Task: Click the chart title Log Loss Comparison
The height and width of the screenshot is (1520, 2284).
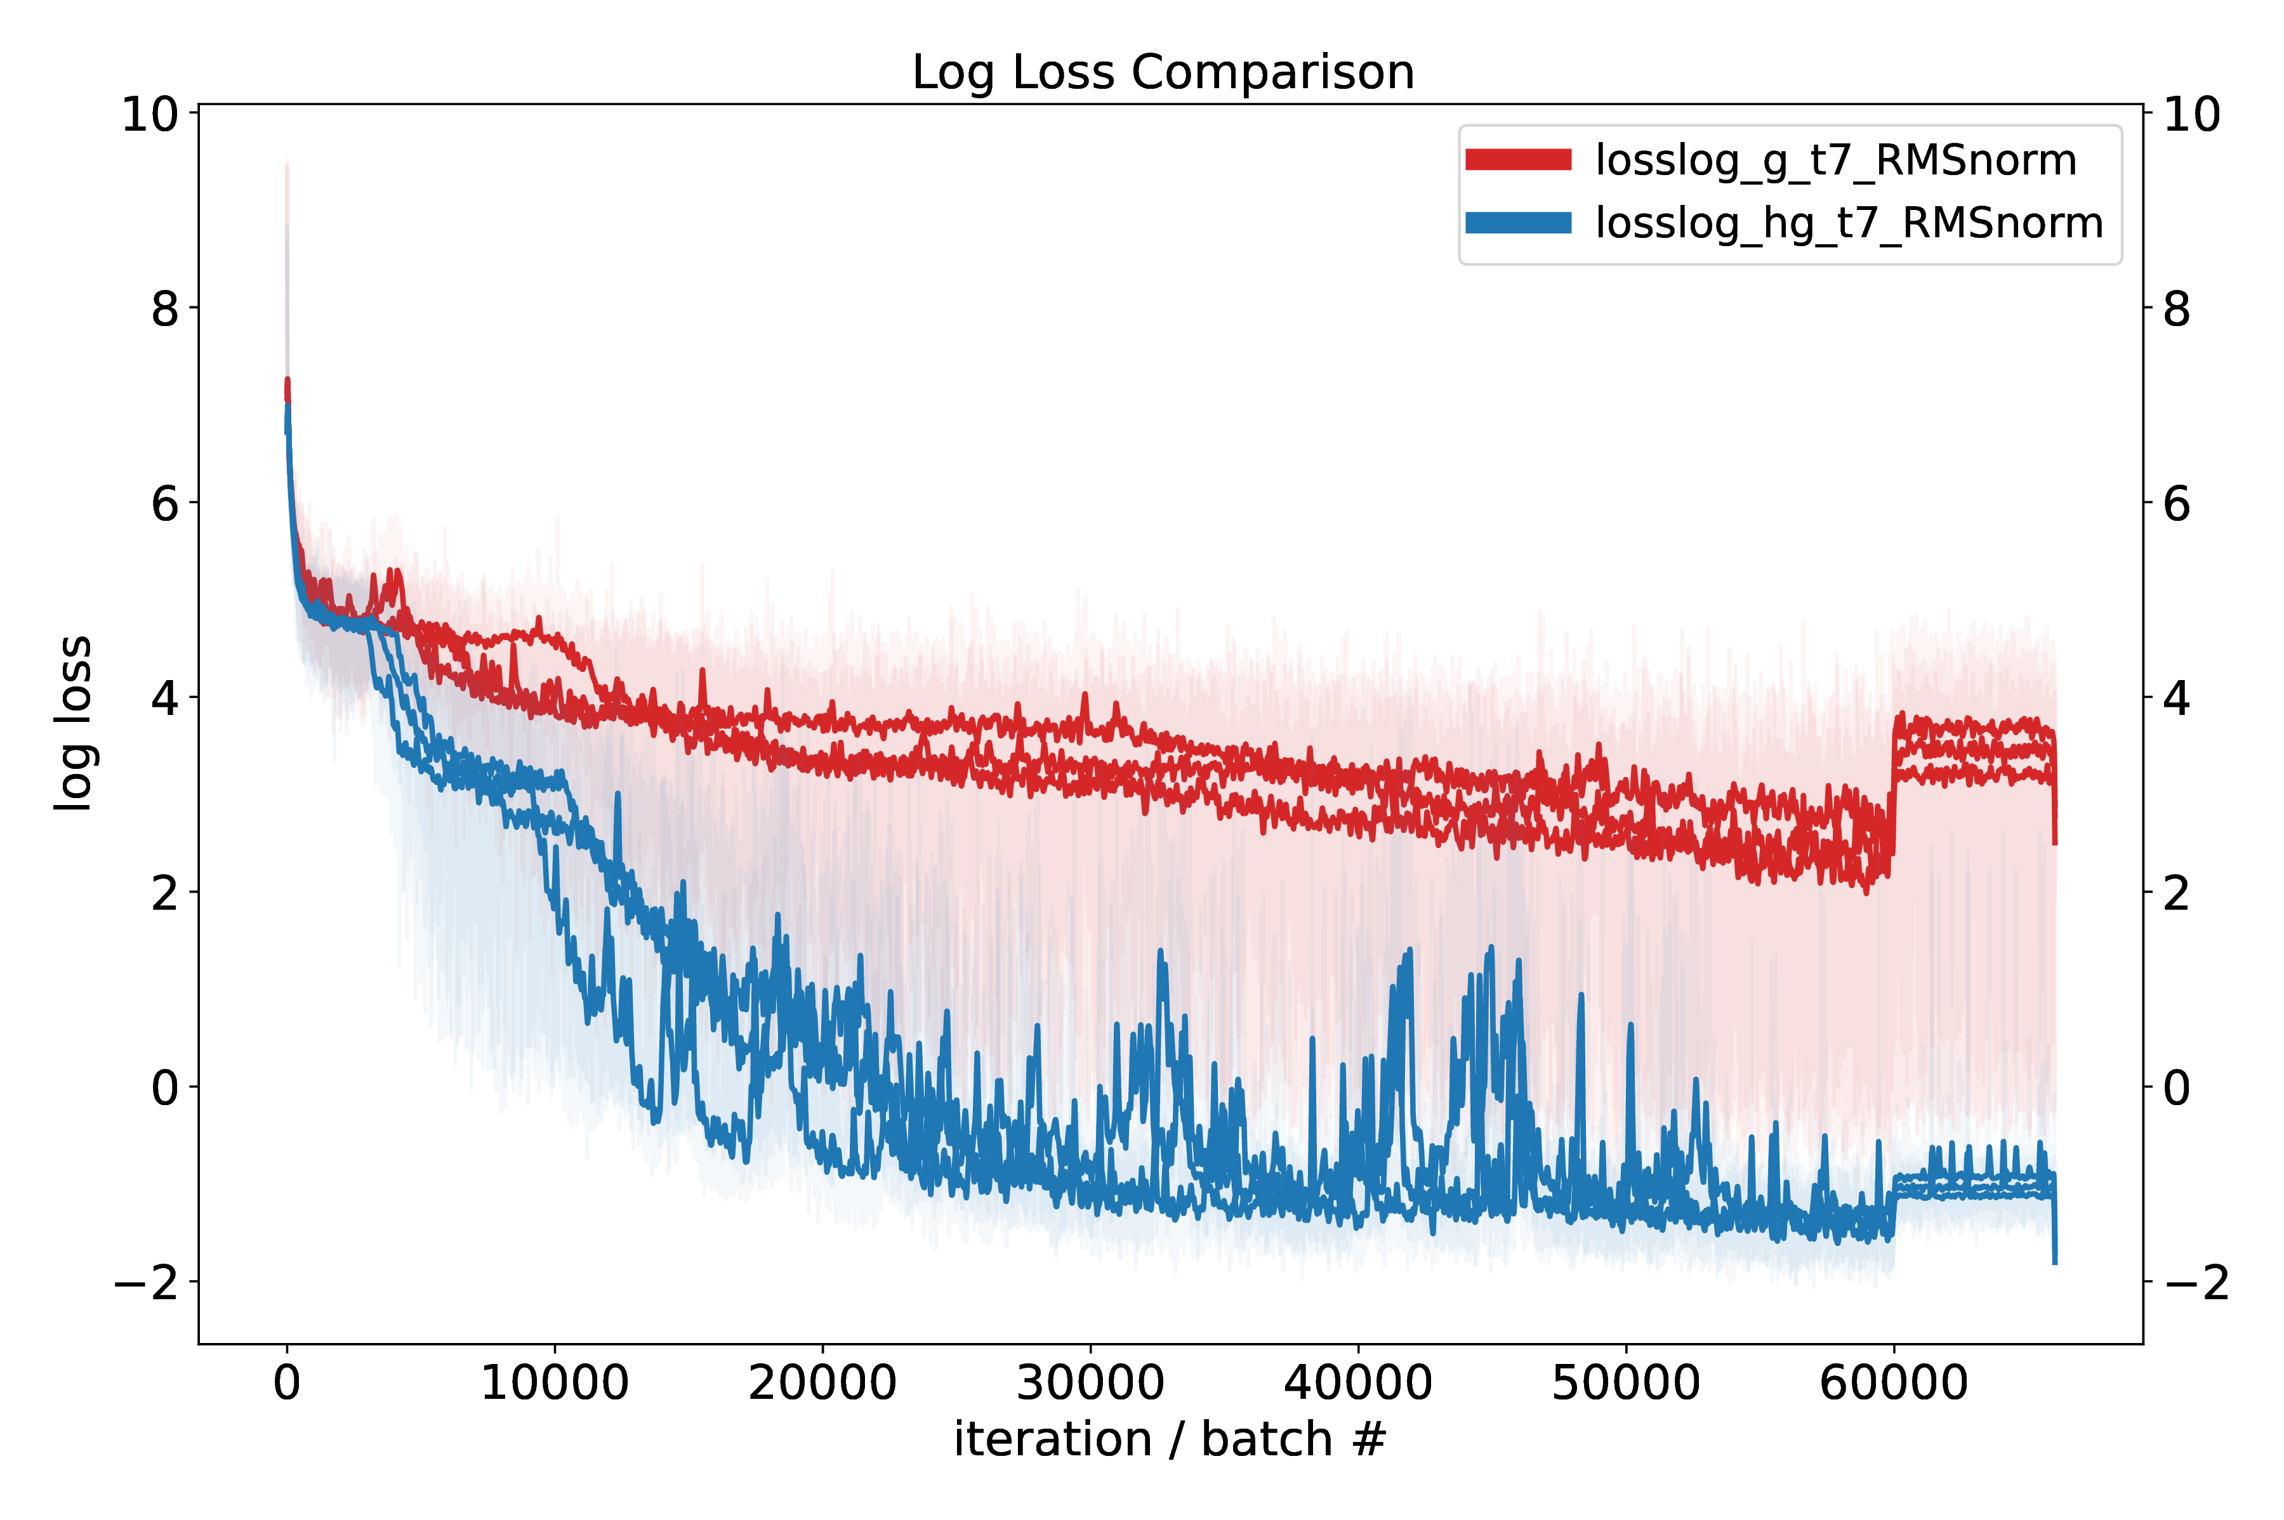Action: (1163, 73)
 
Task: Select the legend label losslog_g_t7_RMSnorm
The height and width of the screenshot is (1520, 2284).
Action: (1835, 160)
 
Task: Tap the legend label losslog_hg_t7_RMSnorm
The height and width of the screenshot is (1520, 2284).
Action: (1849, 223)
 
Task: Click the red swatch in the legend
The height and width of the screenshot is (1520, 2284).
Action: (1517, 160)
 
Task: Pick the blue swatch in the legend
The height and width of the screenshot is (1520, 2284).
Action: (1517, 223)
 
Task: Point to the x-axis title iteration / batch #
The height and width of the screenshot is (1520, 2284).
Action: (1169, 1439)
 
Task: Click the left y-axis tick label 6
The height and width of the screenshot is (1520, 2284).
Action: (165, 504)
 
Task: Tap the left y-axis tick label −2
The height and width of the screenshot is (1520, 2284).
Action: (147, 1283)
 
